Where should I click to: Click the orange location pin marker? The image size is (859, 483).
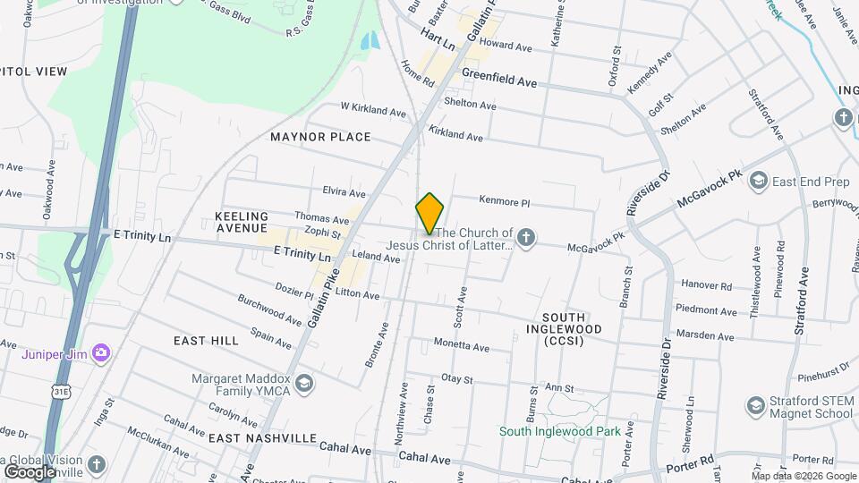click(429, 213)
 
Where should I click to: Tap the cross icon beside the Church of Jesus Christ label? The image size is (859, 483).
click(527, 237)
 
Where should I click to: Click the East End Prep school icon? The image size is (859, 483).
click(759, 182)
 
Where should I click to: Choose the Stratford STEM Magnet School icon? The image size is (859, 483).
click(756, 406)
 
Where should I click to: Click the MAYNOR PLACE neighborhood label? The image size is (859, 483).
click(320, 137)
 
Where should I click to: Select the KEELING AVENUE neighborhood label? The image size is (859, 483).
click(242, 223)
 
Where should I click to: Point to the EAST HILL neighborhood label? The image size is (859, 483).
click(206, 341)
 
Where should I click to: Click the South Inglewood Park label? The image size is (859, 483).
click(559, 431)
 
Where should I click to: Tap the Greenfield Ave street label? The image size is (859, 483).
click(499, 80)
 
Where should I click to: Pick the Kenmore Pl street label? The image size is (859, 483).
click(505, 202)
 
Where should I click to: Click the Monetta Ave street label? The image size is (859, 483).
click(461, 345)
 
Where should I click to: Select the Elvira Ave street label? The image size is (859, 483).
click(344, 193)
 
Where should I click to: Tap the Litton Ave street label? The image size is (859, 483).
click(358, 294)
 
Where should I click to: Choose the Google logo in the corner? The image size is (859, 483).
click(30, 471)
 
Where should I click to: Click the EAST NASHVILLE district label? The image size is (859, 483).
click(262, 438)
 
